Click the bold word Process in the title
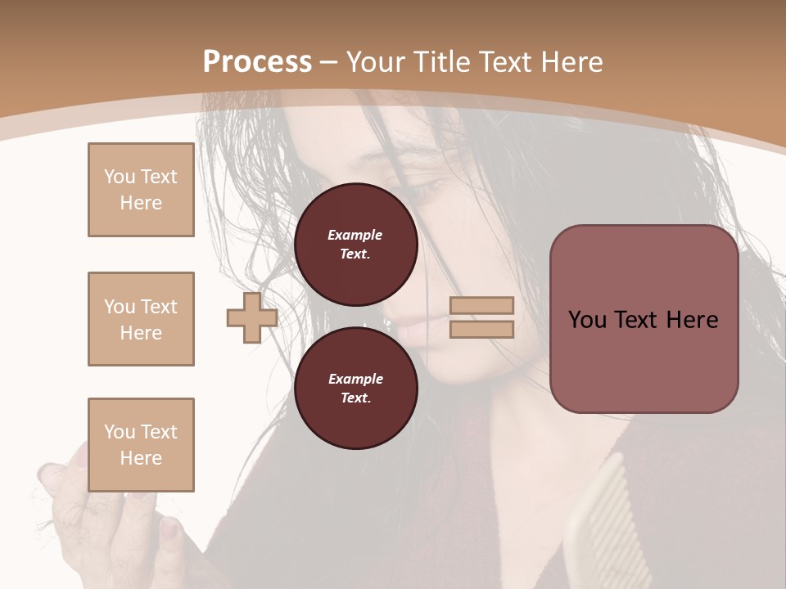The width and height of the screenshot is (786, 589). point(257,62)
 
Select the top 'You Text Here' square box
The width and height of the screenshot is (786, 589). point(141,190)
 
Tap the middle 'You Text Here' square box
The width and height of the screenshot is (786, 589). point(141,319)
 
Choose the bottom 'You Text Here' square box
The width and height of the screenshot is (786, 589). point(141,445)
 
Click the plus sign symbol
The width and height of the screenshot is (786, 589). point(252,317)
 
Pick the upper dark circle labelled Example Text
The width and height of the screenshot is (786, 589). point(355,245)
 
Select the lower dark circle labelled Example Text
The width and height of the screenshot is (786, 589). point(355,389)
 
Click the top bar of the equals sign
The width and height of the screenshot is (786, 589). point(481,306)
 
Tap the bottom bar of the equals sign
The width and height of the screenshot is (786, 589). point(481,330)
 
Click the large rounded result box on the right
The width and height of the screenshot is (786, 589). point(644,319)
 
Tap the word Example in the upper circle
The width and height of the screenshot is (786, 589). point(355,235)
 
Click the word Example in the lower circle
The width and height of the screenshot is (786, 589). point(355,379)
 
